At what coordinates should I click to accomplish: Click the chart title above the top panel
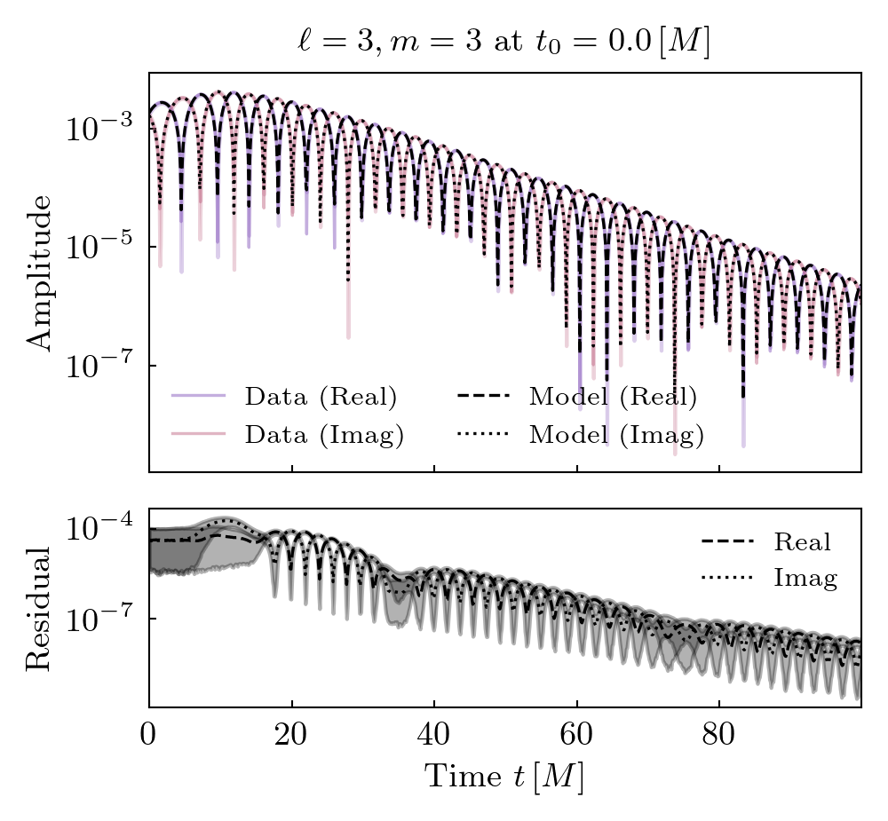503,43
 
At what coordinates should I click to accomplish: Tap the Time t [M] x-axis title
503,777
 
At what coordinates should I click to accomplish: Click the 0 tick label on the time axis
149,738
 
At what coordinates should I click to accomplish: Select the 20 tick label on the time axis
291,738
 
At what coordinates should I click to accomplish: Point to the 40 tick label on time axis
433,738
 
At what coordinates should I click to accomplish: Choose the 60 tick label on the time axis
576,738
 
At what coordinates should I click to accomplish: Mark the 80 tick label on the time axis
718,738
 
